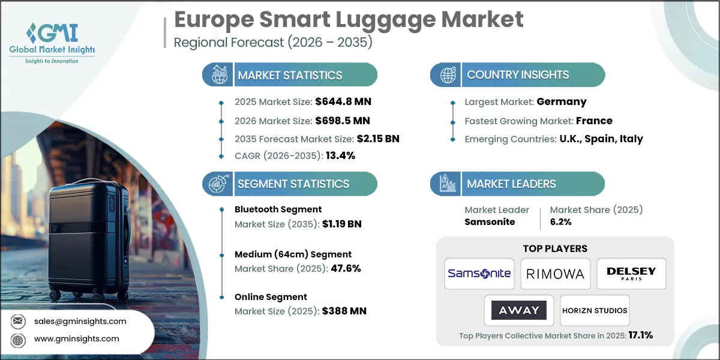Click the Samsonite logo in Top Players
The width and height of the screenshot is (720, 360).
(x=479, y=274)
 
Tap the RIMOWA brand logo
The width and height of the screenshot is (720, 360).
(x=555, y=274)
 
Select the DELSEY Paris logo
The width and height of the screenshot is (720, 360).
(x=631, y=274)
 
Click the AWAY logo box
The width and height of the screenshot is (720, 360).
(x=519, y=310)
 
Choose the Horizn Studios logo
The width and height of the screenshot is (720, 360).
(x=595, y=310)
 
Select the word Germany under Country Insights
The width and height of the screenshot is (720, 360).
(x=562, y=101)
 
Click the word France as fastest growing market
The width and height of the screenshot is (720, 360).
(x=594, y=121)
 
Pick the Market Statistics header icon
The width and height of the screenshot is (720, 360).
(x=218, y=75)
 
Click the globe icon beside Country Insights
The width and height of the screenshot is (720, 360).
(x=447, y=75)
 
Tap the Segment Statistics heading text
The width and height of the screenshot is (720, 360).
(x=293, y=184)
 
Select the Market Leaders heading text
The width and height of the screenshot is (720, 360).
(x=511, y=184)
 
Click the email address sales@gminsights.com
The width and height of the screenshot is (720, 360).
(x=80, y=321)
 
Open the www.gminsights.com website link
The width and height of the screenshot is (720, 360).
(x=76, y=339)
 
